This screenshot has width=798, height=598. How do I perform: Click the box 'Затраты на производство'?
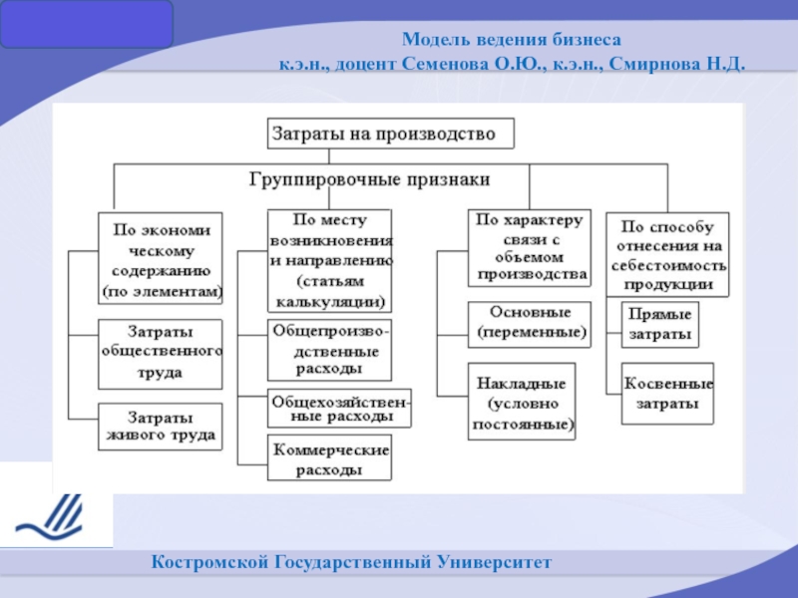point(391,134)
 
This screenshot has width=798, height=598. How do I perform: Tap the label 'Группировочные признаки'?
point(369,179)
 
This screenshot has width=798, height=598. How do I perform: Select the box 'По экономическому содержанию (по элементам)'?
point(161,258)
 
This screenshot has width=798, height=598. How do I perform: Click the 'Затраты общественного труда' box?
point(161,354)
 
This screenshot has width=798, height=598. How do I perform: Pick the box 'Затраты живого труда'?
point(161,427)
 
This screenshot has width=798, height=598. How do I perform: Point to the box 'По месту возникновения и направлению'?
point(330,260)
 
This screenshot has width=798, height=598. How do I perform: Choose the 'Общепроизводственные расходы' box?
point(330,350)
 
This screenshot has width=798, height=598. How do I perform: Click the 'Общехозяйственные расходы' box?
point(339,409)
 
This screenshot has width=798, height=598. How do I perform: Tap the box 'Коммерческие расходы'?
point(330,457)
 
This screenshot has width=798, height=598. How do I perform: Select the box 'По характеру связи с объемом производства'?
point(530,247)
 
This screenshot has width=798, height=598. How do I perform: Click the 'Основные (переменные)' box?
point(530,325)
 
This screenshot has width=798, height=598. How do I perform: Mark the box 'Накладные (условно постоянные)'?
point(522,402)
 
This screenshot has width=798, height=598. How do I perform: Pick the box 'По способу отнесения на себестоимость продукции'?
point(667,254)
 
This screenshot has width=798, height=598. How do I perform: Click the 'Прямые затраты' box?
point(660,325)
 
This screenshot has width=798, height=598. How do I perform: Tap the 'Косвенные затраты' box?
point(667,394)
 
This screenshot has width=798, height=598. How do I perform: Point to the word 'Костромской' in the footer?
point(209,562)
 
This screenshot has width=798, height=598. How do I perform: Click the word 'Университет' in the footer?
point(494,562)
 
